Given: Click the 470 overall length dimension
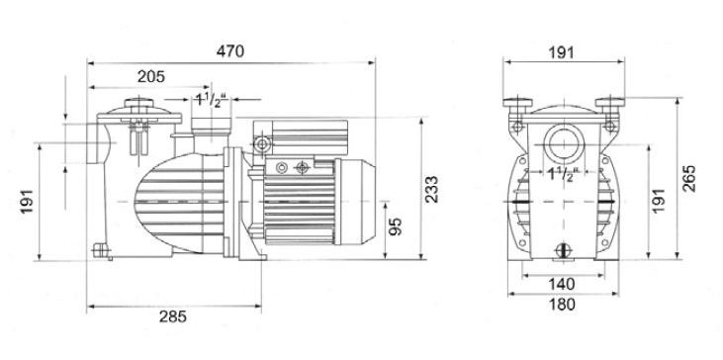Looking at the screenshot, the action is pyautogui.click(x=230, y=51).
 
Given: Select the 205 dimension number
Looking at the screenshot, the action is pyautogui.click(x=150, y=76).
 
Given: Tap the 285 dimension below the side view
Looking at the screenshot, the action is pyautogui.click(x=173, y=316).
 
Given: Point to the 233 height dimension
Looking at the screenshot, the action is pyautogui.click(x=432, y=189).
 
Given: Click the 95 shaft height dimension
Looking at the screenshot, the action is pyautogui.click(x=396, y=226).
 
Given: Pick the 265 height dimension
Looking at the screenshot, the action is pyautogui.click(x=689, y=178).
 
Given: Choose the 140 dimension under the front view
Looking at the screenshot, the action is pyautogui.click(x=562, y=284).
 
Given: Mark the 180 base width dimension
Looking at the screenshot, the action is pyautogui.click(x=563, y=305).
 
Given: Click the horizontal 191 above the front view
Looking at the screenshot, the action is pyautogui.click(x=562, y=52).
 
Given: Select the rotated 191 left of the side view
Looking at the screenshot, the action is pyautogui.click(x=27, y=201).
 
